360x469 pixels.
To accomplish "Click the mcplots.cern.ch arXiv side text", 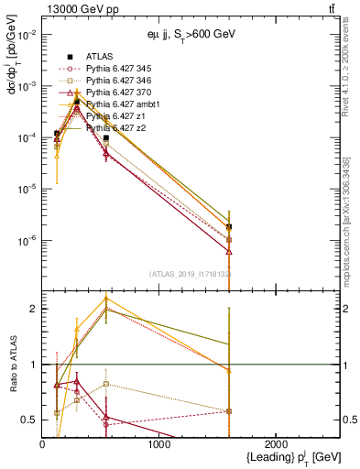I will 349,211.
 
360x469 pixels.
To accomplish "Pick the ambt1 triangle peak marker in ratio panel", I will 107,298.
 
